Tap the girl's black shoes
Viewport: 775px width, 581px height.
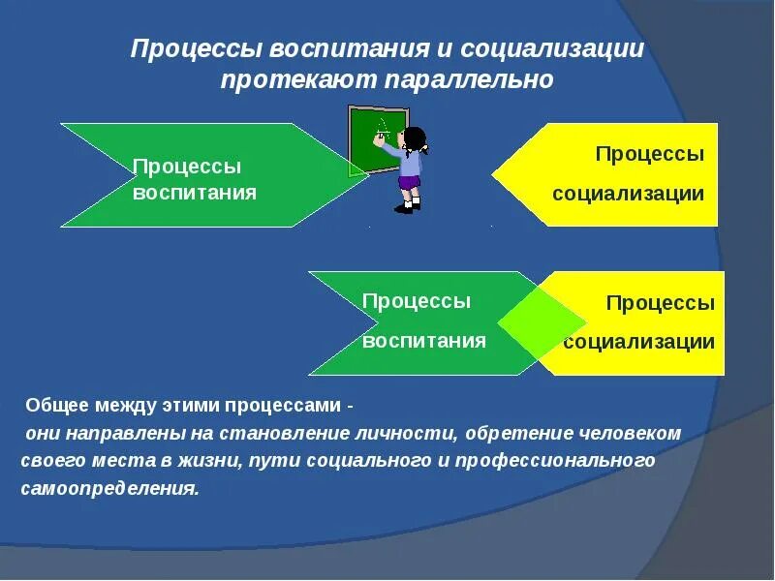point(406,206)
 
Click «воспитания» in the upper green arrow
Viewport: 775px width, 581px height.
point(195,192)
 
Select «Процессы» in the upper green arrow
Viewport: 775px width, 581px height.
point(187,167)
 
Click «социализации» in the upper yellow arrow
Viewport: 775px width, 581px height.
point(628,193)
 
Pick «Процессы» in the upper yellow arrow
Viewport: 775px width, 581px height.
point(649,154)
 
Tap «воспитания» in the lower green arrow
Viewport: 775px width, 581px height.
point(424,340)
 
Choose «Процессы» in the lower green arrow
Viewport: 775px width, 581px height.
point(417,301)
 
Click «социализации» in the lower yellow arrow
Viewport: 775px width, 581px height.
point(639,341)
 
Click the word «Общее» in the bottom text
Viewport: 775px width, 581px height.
point(57,404)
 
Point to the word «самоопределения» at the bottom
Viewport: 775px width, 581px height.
point(109,488)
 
